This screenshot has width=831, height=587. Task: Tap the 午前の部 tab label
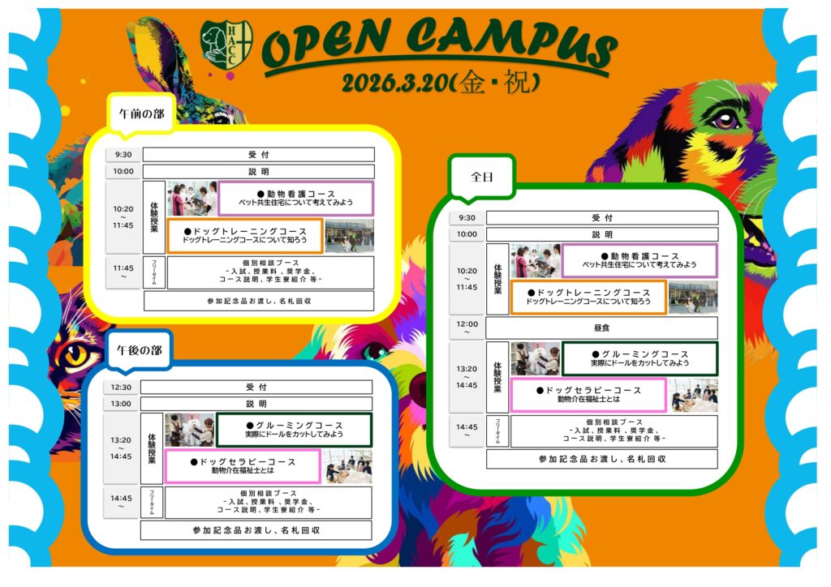tap(141, 114)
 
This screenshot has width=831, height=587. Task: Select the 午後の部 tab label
tap(139, 350)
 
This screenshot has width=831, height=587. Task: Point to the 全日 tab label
tap(482, 176)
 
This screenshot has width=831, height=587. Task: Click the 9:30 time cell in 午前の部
tap(123, 155)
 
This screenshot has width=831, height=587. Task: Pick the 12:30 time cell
tap(121, 388)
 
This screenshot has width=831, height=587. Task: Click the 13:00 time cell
tap(121, 404)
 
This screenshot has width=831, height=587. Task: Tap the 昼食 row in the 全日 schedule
tap(601, 328)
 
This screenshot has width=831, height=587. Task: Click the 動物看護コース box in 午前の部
tap(295, 198)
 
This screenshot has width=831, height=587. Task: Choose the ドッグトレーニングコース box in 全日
tap(588, 297)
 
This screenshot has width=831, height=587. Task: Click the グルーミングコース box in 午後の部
tap(294, 430)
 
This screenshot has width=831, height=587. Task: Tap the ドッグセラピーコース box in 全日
tap(588, 395)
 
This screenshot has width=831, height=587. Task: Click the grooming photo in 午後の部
tap(189, 431)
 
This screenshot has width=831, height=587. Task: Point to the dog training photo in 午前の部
tap(349, 236)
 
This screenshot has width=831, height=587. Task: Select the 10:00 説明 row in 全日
tap(601, 234)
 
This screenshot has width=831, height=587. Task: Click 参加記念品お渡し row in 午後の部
tap(256, 530)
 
